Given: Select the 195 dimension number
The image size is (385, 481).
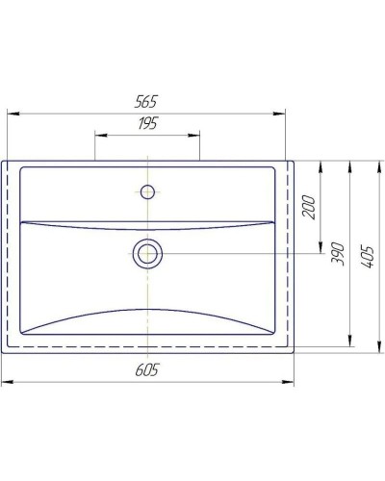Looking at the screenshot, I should click(147, 124).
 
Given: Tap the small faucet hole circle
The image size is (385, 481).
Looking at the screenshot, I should click(147, 191).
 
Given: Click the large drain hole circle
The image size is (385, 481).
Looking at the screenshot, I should click(147, 254).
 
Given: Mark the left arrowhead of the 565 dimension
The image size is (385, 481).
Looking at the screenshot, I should click(12, 114).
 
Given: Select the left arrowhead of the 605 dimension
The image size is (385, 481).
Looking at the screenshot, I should click(5, 382).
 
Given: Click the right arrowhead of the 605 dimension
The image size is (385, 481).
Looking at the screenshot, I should click(291, 382).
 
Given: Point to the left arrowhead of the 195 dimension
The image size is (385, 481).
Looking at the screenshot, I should click(97, 136).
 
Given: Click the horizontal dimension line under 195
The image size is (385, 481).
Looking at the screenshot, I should click(147, 136).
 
